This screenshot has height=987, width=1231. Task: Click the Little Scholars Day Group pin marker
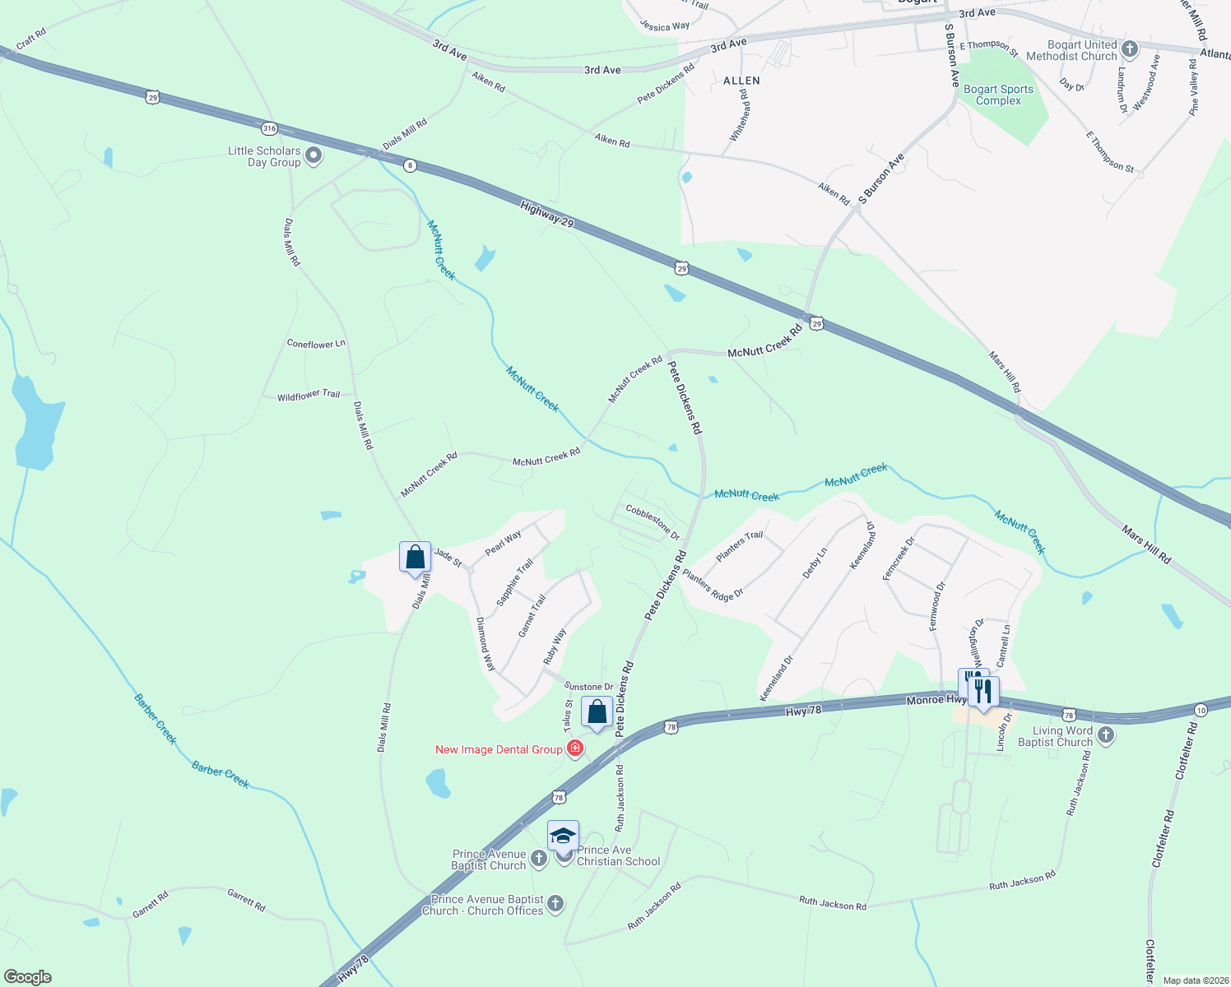[x=313, y=155]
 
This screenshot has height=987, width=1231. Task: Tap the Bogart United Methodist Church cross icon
[x=1130, y=49]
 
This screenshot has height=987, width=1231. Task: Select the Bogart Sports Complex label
[x=998, y=95]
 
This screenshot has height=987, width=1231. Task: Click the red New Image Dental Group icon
[x=575, y=748]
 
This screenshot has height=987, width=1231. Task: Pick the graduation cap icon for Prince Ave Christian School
[x=564, y=837]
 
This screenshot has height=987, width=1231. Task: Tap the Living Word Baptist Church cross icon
[x=1106, y=735]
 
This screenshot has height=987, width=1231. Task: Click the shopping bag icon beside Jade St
[x=416, y=558]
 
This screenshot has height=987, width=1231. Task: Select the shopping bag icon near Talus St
[x=597, y=711]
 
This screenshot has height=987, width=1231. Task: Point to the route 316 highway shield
[x=269, y=128]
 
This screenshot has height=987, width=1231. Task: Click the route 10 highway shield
[x=1201, y=710]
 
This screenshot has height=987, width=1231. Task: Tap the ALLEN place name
[x=741, y=81]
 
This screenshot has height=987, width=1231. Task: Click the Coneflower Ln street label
[x=316, y=344]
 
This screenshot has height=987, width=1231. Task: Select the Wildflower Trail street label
[x=309, y=396]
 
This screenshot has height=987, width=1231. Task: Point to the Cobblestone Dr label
[x=653, y=522]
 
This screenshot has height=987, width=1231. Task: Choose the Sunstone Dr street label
[x=588, y=687]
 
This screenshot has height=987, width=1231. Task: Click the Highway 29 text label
[x=547, y=215]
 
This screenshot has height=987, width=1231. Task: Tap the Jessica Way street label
[x=665, y=26]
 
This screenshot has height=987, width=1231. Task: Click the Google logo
[x=27, y=977]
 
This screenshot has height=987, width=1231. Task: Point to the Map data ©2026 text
[x=1195, y=980]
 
